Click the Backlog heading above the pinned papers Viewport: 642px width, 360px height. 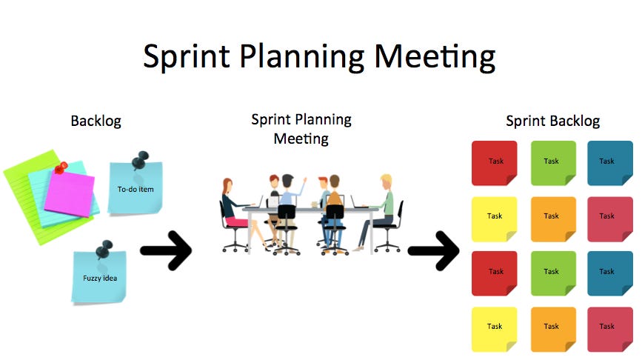[x=96, y=121]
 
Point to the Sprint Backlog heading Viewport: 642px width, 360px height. [x=552, y=121]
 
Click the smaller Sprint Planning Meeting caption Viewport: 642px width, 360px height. [x=301, y=128]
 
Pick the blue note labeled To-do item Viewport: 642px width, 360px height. [x=135, y=190]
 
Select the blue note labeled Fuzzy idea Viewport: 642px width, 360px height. [x=99, y=278]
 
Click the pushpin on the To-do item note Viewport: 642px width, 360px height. [x=139, y=161]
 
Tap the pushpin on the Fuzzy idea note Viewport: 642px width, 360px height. [x=106, y=248]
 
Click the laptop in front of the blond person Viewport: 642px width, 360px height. [x=358, y=201]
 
